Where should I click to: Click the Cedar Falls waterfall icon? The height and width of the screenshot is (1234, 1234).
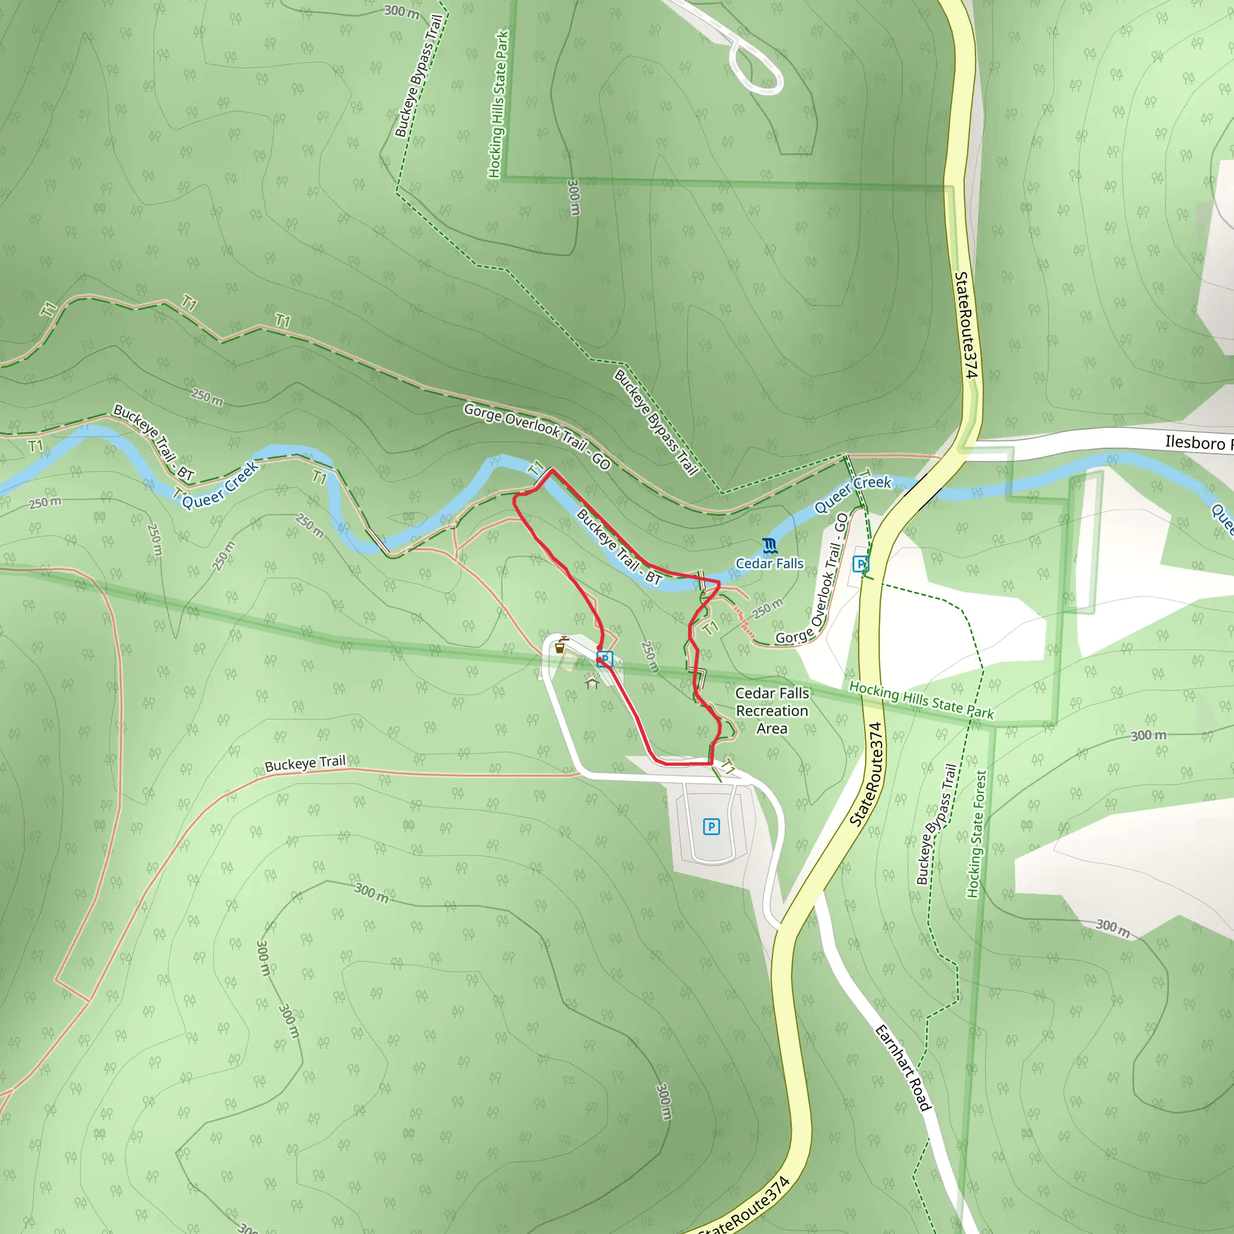(769, 545)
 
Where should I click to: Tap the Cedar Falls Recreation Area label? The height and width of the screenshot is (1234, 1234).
(772, 710)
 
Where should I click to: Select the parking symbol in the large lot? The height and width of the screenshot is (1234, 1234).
(711, 827)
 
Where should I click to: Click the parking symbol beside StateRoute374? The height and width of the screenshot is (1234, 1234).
(860, 563)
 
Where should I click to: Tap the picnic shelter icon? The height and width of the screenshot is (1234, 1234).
(592, 682)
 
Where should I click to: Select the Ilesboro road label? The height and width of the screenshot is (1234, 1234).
(1194, 442)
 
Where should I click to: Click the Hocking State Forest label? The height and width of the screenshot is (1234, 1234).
(977, 833)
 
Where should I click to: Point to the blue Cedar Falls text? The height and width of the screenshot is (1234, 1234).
(769, 563)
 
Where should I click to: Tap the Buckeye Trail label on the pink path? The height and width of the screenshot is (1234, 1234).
(305, 763)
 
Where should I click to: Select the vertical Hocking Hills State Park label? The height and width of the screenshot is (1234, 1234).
(498, 104)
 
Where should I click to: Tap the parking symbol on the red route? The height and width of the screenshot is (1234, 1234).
(604, 659)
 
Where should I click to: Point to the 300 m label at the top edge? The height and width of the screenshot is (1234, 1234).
(401, 11)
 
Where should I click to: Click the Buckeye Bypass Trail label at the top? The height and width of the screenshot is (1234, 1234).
(418, 75)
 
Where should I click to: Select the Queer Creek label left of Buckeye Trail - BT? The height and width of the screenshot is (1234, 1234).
(221, 485)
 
